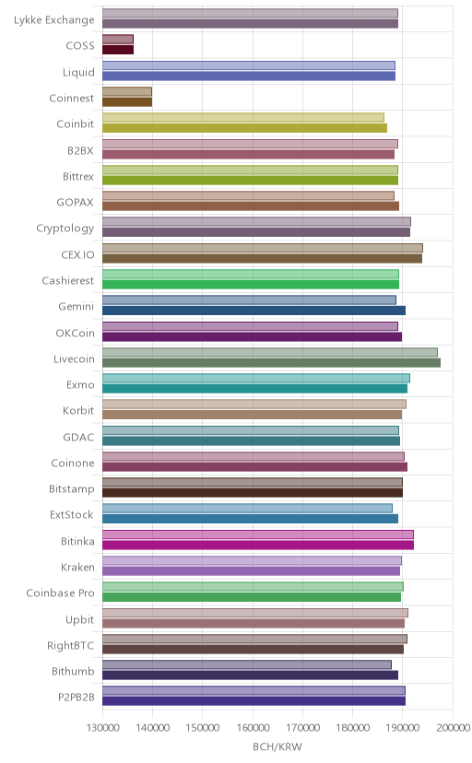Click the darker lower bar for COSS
[x=118, y=50]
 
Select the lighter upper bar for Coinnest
[x=127, y=91]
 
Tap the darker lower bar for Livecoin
[x=272, y=362]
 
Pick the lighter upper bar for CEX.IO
[x=263, y=248]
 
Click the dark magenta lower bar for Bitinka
[x=258, y=545]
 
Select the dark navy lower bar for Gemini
[x=254, y=311]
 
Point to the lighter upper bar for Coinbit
[x=242, y=117]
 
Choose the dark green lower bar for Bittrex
[x=250, y=180]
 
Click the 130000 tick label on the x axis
[x=102, y=727]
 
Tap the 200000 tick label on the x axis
[x=453, y=727]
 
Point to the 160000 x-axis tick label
[x=253, y=727]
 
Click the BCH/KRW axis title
[x=277, y=746]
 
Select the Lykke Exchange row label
[x=54, y=20]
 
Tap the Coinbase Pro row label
[x=60, y=593]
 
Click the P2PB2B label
[x=77, y=697]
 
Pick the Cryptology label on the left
[x=65, y=229]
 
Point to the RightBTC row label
[x=71, y=645]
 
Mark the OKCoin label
[x=75, y=333]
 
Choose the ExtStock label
[x=72, y=514]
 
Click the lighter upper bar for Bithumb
[x=247, y=664]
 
